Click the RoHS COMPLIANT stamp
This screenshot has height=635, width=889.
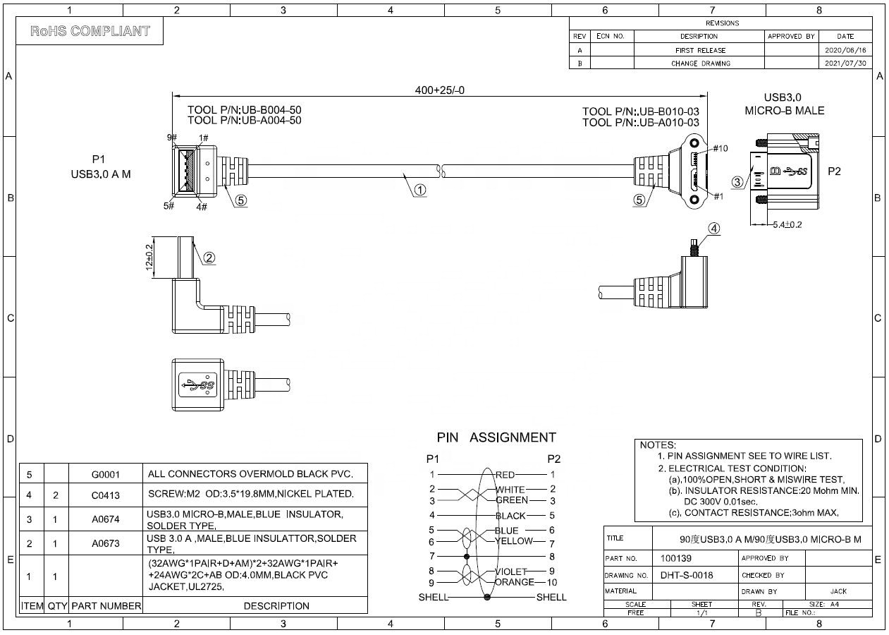click(90, 31)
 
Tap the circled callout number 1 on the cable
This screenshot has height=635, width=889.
click(419, 190)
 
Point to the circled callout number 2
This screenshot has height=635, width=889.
click(209, 258)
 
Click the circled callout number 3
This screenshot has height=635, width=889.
click(737, 182)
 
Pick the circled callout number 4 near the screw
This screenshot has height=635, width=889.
click(714, 228)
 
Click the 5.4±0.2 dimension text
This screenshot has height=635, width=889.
click(787, 225)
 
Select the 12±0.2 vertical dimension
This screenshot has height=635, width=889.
click(149, 258)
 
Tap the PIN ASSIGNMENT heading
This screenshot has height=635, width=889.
click(496, 437)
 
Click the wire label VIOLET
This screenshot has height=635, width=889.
click(511, 571)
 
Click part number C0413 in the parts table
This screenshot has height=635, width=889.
click(106, 495)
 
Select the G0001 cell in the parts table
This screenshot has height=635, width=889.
click(106, 475)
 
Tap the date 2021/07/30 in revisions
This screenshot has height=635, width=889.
click(845, 64)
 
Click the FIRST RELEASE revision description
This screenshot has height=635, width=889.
click(699, 51)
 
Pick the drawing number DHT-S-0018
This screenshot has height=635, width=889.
click(686, 575)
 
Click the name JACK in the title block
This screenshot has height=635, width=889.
click(838, 591)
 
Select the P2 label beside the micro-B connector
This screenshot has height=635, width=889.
click(834, 171)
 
